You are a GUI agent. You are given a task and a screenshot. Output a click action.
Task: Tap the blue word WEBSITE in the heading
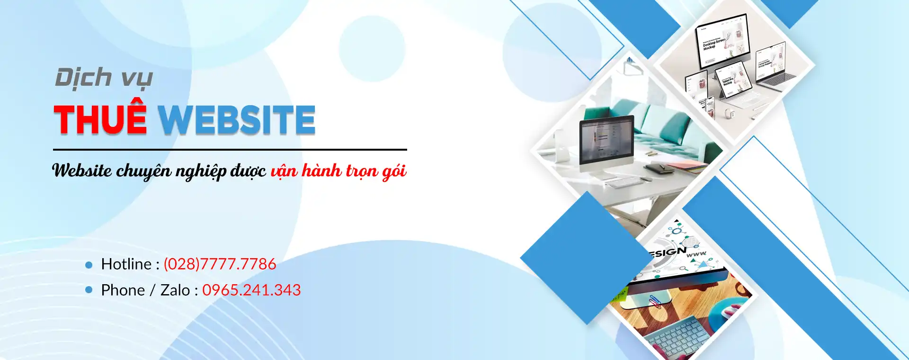pyautogui.click(x=236, y=119)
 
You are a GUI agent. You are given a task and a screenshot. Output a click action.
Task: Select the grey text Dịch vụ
pyautogui.click(x=104, y=78)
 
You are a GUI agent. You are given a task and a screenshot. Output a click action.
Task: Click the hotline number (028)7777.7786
pyautogui.click(x=220, y=264)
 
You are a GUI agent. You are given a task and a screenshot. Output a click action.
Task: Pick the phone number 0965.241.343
pyautogui.click(x=251, y=290)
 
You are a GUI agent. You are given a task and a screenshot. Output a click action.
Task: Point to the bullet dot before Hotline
pyautogui.click(x=89, y=265)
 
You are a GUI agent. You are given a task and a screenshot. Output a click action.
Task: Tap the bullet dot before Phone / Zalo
pyautogui.click(x=89, y=289)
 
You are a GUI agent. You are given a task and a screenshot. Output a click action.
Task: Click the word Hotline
pyautogui.click(x=126, y=264)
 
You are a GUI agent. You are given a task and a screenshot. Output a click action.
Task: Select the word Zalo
pyautogui.click(x=175, y=290)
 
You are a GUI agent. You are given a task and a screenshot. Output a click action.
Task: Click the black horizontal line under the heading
pyautogui.click(x=230, y=150)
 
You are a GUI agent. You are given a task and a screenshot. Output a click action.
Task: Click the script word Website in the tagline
pyautogui.click(x=82, y=171)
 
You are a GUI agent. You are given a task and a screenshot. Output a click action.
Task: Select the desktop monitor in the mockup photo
pyautogui.click(x=722, y=40)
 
